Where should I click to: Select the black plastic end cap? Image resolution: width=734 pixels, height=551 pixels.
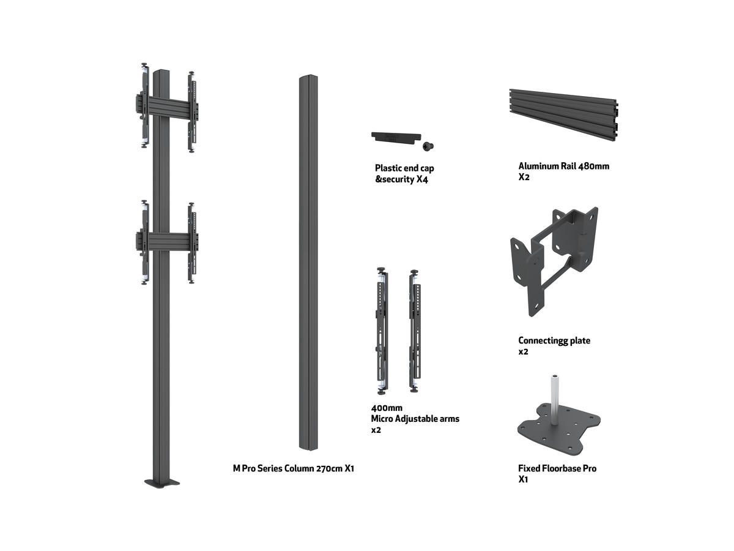pyautogui.click(x=396, y=138)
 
